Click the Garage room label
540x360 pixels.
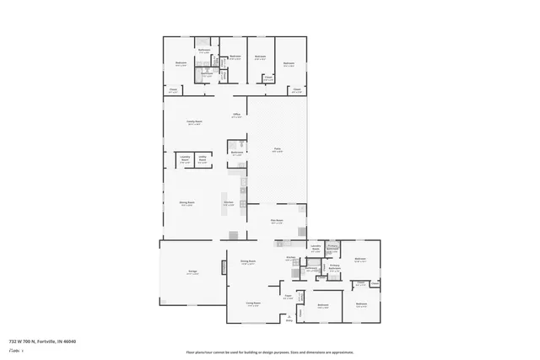(192, 272)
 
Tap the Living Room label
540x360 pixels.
(252, 304)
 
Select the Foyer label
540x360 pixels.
(287, 297)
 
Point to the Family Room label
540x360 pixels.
(194, 122)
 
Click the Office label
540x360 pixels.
(237, 116)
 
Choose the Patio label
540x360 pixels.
(277, 149)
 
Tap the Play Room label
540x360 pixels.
(276, 222)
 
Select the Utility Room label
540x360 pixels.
(202, 159)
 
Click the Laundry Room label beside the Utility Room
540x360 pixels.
(184, 159)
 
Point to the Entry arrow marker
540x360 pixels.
(288, 319)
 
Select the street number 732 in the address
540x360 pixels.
(13, 341)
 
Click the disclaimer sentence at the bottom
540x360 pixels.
(269, 352)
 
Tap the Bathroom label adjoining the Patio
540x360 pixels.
(236, 153)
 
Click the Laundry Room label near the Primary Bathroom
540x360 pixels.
(315, 249)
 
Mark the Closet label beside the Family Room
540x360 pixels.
(172, 89)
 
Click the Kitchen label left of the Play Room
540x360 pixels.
(227, 203)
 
